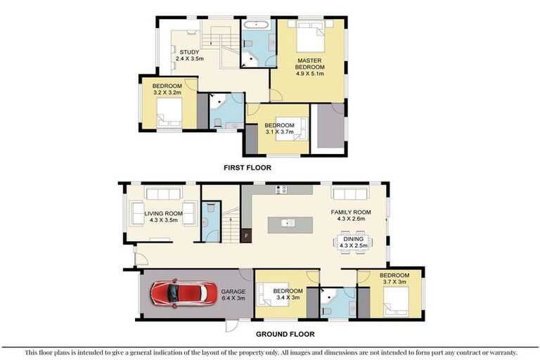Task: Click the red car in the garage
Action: point(184,292)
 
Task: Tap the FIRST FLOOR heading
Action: point(247,168)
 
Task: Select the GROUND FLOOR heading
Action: point(285,334)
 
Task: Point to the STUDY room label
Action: point(189,53)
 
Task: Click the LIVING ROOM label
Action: point(164,213)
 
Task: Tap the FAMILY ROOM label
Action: point(351,212)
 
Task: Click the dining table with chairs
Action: point(353,242)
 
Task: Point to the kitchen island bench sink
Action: point(288,224)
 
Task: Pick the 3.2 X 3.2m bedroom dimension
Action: point(167,92)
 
